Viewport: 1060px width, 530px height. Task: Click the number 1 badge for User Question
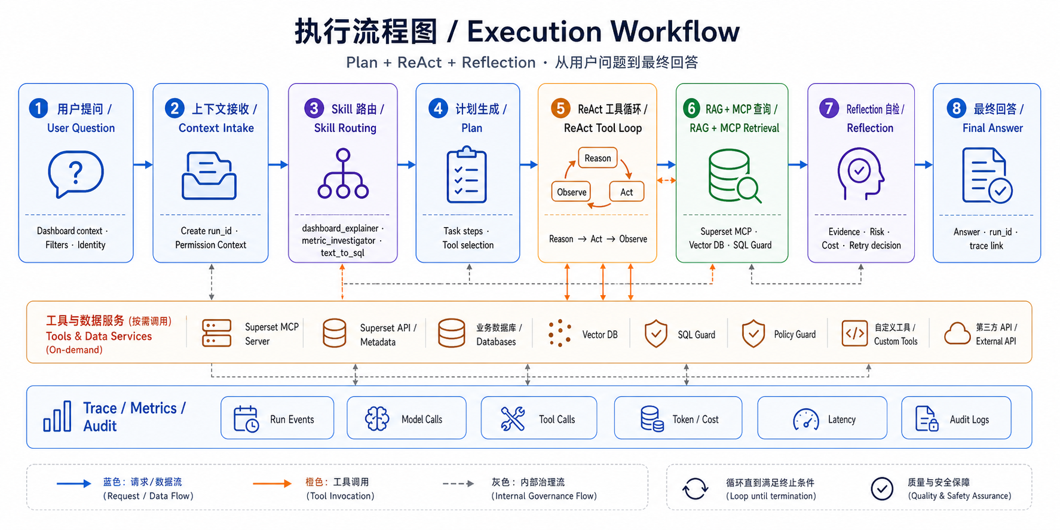tap(38, 108)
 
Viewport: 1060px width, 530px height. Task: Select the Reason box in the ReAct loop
tap(598, 158)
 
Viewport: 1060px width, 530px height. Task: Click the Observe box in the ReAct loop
tap(571, 192)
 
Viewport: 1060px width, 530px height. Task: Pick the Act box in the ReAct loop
tap(626, 192)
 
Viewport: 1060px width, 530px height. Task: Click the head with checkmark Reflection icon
tap(860, 174)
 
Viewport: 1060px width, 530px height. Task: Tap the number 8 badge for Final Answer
tap(956, 108)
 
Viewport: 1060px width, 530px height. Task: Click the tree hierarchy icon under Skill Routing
tap(343, 174)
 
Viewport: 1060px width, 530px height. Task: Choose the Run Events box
tap(277, 418)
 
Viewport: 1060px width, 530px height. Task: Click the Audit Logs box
tap(956, 418)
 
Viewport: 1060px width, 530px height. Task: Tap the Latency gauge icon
tap(806, 419)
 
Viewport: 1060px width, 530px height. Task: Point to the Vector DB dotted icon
tap(559, 333)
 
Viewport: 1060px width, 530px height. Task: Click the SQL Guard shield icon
tap(656, 333)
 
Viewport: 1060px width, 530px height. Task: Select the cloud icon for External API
tap(957, 333)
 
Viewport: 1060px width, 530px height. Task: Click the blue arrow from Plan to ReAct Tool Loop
tap(529, 164)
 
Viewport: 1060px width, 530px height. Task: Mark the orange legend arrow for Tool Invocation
tap(272, 483)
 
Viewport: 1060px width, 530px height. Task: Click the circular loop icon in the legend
tap(696, 489)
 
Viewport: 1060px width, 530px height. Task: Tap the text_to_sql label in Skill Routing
tap(342, 253)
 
